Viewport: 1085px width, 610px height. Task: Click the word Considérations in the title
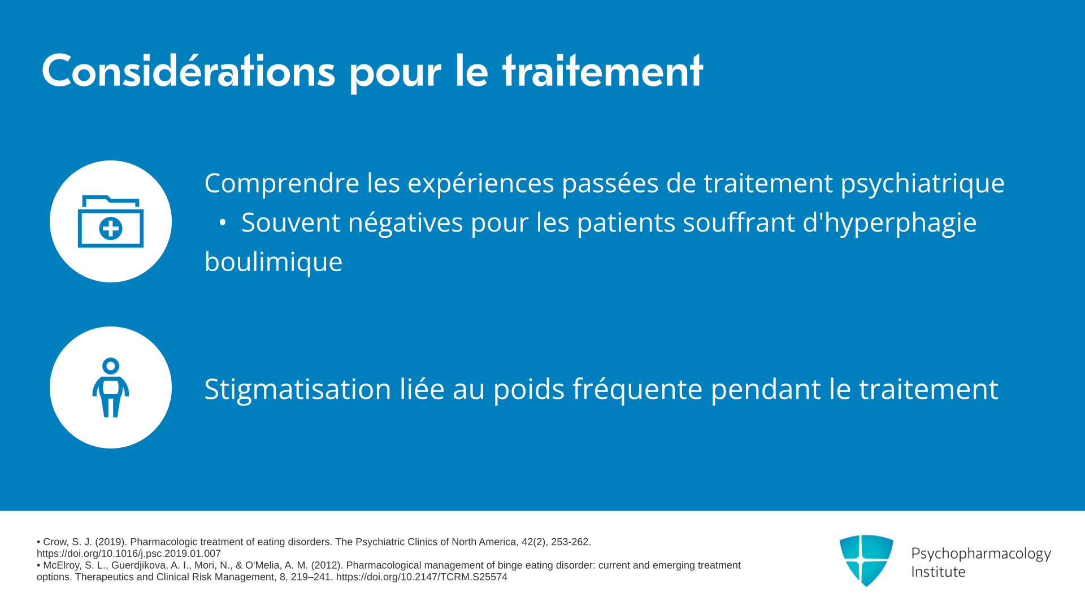coord(188,71)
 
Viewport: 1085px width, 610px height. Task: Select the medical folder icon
coord(111,221)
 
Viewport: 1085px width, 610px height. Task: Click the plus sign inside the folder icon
coord(111,229)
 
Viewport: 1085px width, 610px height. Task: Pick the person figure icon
coord(111,387)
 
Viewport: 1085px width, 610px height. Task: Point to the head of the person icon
coord(111,366)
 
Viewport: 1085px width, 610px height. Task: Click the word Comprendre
coord(282,184)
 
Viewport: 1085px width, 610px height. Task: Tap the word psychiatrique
coord(923,184)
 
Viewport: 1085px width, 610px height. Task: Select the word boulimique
coord(274,262)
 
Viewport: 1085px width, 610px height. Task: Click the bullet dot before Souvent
coord(223,223)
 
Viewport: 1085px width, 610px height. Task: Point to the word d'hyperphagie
coord(889,223)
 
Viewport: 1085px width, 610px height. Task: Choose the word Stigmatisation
coord(298,390)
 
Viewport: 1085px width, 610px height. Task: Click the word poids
coord(529,390)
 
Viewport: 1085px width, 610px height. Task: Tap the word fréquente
coord(638,390)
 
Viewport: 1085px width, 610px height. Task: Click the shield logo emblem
coord(866,560)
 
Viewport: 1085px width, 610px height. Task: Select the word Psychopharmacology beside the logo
coord(981,554)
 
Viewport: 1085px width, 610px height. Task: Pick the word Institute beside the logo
coord(938,572)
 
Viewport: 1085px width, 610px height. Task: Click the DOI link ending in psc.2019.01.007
coord(129,554)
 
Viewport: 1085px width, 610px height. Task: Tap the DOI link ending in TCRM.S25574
coord(422,577)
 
